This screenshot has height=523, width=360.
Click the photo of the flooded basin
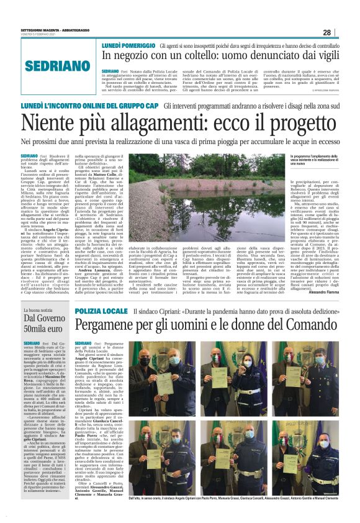(199, 193)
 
